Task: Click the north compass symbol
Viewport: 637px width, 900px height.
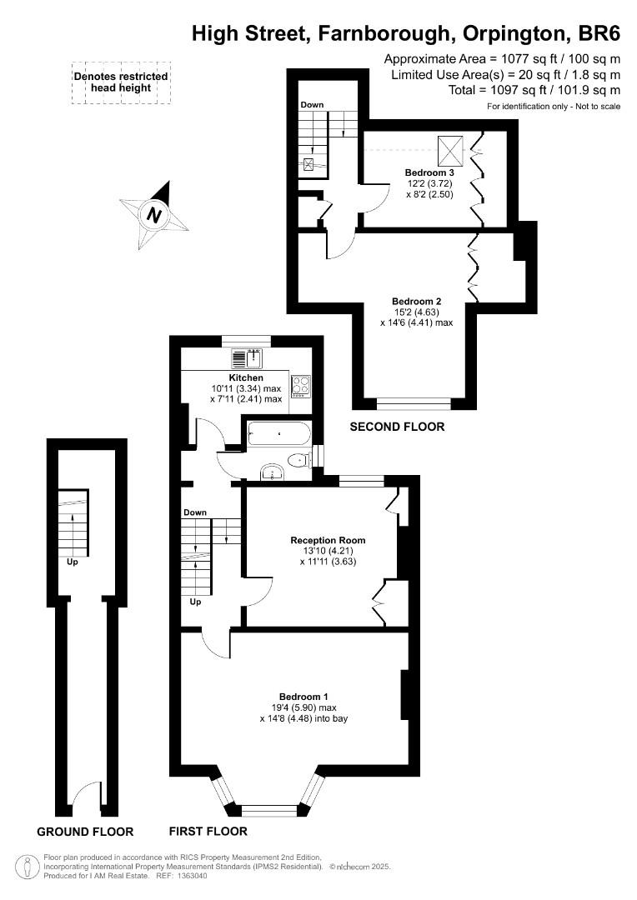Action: point(154,215)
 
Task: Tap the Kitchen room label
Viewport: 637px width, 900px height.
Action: point(246,377)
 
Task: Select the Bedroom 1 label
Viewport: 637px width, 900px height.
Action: point(303,697)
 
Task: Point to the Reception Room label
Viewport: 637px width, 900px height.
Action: point(328,540)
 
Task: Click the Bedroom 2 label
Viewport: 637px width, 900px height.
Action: point(416,302)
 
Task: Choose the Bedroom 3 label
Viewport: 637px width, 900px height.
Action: point(429,172)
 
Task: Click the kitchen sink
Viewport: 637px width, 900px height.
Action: point(247,358)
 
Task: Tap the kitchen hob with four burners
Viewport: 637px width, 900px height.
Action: point(300,387)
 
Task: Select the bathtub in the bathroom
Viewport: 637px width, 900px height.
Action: point(278,434)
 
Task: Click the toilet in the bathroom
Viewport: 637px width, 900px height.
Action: point(299,460)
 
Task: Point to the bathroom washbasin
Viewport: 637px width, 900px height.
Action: point(273,472)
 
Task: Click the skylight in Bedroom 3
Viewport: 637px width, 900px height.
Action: point(449,149)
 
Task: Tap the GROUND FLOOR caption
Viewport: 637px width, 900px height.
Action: point(85,832)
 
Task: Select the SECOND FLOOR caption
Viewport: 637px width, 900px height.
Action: point(397,427)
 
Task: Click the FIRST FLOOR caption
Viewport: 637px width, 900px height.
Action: point(208,831)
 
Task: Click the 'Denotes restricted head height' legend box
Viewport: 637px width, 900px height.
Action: point(121,82)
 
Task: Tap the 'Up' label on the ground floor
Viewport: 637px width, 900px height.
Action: point(73,562)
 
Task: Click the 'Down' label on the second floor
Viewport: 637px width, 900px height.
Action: point(312,104)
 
